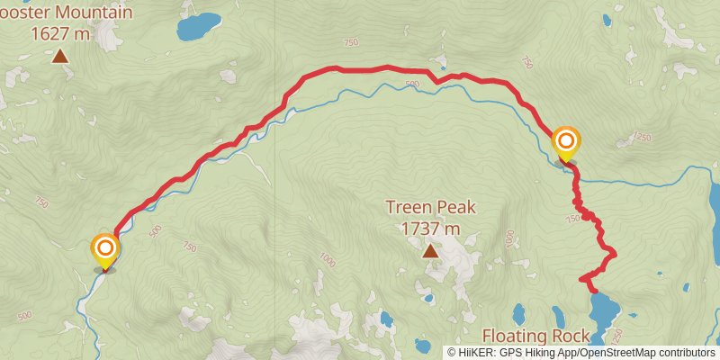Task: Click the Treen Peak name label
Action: pos(430,207)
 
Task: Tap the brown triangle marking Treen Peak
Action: pos(431,250)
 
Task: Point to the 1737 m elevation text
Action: pos(430,229)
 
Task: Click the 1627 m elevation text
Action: pos(60,34)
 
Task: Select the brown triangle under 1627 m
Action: pos(60,57)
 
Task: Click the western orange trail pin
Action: pos(105,248)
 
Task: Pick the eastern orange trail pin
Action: pos(566,142)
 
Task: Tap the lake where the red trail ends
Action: pos(602,311)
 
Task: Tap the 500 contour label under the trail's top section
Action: pos(411,85)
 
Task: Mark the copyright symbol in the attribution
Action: pos(452,352)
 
